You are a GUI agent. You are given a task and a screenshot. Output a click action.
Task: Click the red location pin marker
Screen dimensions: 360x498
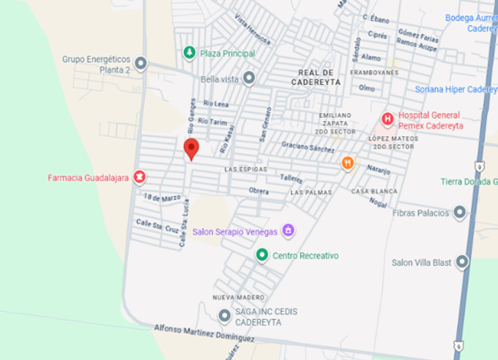[x=191, y=148]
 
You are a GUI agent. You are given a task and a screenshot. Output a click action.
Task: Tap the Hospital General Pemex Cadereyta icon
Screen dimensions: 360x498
[x=388, y=119]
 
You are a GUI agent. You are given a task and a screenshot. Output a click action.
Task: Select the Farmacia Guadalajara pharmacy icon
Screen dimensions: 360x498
[x=140, y=177]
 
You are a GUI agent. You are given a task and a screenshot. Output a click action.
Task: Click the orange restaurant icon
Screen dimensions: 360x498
[x=347, y=163]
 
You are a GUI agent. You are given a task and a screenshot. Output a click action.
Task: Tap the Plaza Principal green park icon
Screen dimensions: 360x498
[x=189, y=53]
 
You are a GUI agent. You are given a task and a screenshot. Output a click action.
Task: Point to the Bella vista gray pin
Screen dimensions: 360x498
[x=250, y=79]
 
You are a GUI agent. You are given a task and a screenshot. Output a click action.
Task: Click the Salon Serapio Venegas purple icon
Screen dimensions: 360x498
[x=288, y=230]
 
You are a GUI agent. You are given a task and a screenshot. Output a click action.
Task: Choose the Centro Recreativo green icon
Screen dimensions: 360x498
[x=262, y=255]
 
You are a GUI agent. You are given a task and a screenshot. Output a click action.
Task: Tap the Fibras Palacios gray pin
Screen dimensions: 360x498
[x=459, y=212]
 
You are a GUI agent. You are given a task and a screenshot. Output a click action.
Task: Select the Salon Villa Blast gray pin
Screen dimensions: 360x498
[x=462, y=263]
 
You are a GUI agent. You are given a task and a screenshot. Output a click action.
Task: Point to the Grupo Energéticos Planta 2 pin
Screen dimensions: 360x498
[x=141, y=64]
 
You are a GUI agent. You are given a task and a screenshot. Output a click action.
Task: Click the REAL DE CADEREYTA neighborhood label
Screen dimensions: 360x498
[x=316, y=77]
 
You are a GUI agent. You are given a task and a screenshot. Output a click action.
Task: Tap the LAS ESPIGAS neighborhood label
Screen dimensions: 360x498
[x=246, y=169]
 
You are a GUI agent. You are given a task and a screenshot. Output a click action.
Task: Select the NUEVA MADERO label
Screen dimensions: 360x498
[x=238, y=297]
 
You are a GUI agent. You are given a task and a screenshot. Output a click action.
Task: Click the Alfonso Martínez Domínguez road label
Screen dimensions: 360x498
[x=204, y=333]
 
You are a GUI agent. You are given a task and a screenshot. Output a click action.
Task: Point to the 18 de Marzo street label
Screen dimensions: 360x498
[x=162, y=197]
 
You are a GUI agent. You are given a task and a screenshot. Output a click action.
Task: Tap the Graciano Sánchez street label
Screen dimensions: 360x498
[x=308, y=147]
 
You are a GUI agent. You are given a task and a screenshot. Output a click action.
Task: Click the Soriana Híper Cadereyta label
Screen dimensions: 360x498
[x=456, y=89]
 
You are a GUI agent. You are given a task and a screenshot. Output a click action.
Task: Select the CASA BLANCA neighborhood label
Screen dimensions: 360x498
[x=374, y=191]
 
